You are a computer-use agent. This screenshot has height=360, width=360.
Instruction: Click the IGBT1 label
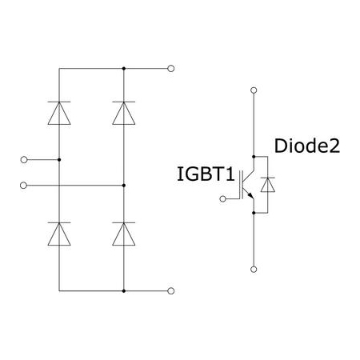tap(206, 174)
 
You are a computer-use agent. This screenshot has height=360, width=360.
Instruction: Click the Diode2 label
tap(307, 146)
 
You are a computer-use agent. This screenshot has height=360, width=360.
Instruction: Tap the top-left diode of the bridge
tap(59, 113)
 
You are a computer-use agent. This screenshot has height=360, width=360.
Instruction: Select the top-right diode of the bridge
tap(124, 113)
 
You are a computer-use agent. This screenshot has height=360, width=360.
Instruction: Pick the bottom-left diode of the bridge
tap(59, 234)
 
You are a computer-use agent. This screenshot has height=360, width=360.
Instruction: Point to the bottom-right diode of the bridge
tap(124, 234)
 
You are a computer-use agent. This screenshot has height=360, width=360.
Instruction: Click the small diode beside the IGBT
tap(268, 185)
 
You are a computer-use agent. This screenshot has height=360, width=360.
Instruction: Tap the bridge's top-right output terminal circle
tap(171, 69)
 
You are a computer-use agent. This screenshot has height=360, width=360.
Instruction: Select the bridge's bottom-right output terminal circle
tap(171, 291)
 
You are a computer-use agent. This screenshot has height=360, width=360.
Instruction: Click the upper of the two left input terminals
tap(24, 160)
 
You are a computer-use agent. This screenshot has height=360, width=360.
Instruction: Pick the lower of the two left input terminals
tap(23, 186)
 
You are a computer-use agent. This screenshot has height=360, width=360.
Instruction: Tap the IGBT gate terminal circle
tap(222, 198)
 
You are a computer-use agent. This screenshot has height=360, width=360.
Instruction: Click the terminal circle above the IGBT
tap(254, 90)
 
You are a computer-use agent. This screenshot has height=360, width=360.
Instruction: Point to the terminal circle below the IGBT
tap(254, 270)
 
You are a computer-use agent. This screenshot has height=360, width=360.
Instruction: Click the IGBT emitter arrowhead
tap(250, 196)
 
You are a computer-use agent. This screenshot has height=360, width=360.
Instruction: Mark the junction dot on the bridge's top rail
tap(124, 69)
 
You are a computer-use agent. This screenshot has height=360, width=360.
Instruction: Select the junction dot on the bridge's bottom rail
tap(124, 291)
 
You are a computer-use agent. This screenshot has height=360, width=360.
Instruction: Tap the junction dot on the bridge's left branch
tap(59, 160)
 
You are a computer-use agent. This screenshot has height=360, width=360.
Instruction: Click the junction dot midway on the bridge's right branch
tap(124, 186)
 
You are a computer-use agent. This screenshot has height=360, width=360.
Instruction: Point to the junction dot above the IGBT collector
tap(254, 157)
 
